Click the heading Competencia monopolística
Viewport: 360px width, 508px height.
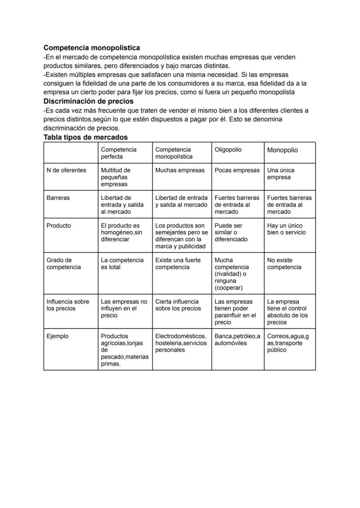point(91,48)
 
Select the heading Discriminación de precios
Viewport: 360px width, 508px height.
point(88,101)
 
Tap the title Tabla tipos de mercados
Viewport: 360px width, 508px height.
point(85,137)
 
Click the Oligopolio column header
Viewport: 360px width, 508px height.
point(228,149)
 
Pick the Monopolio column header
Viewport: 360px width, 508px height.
point(283,150)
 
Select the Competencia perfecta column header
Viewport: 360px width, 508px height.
point(119,153)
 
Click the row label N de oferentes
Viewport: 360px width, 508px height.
point(66,170)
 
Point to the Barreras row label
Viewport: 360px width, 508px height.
point(58,198)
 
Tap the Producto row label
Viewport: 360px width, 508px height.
point(59,226)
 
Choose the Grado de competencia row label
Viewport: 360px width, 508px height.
point(63,264)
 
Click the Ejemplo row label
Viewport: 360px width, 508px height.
point(57,336)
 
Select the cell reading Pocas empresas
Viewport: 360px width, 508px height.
point(237,170)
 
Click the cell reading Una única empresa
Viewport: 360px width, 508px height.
point(281,174)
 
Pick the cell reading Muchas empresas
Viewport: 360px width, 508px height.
point(180,170)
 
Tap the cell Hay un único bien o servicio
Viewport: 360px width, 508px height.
point(286,229)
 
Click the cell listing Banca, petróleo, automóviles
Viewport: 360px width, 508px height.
point(237,339)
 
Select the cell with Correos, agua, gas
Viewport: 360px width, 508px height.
point(288,343)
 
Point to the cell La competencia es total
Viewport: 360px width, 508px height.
point(122,264)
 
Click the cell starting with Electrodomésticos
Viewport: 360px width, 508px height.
point(181,343)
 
